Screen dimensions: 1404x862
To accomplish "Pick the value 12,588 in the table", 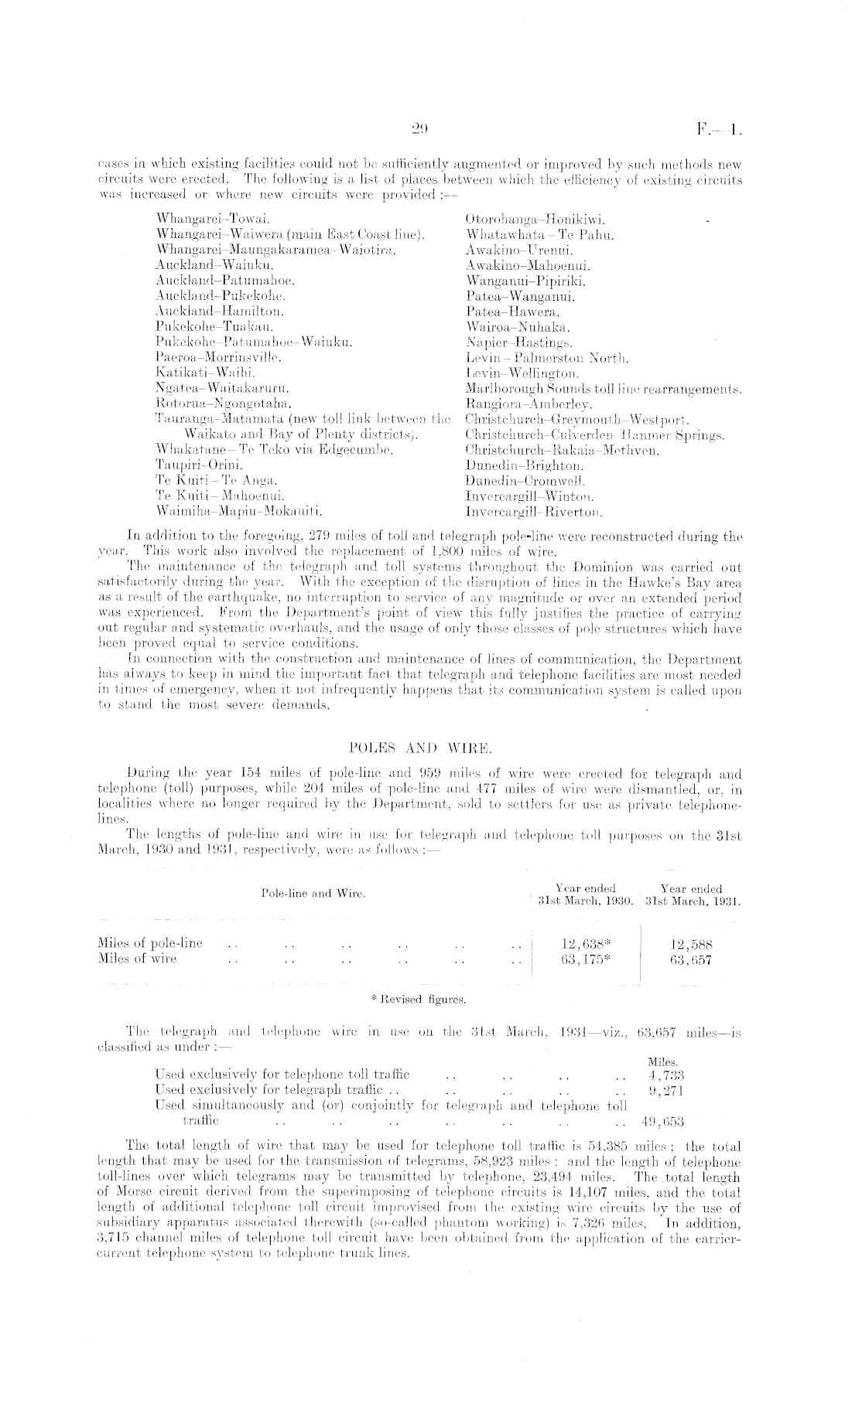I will pos(691,943).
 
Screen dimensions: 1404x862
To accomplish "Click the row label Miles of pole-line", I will pos(150,943).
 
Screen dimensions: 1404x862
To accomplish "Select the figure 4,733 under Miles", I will pos(665,1074).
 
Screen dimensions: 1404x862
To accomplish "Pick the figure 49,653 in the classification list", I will pos(662,1120).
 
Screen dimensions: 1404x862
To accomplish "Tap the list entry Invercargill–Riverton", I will pos(534,511).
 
